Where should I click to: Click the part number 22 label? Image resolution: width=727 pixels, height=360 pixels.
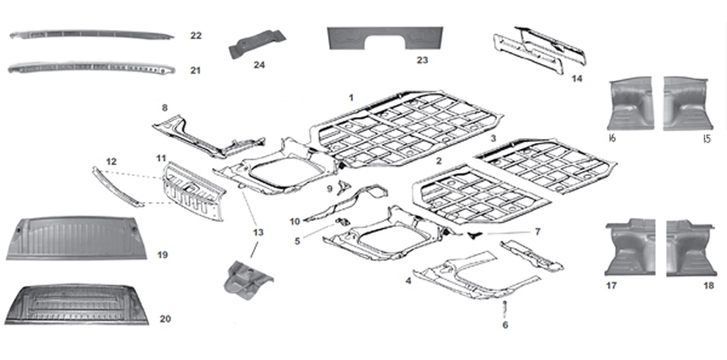[x=195, y=36]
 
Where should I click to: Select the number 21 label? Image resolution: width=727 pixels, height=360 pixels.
[x=195, y=70]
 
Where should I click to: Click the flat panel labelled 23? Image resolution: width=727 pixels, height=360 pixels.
[x=385, y=39]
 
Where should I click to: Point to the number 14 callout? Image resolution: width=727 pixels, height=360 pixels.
[x=576, y=79]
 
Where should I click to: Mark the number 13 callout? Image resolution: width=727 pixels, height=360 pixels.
[x=257, y=232]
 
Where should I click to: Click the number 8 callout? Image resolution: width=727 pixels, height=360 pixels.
[x=165, y=108]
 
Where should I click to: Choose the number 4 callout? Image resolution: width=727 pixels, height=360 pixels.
[x=408, y=280]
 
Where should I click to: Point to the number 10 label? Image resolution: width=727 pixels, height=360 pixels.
[x=295, y=221]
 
